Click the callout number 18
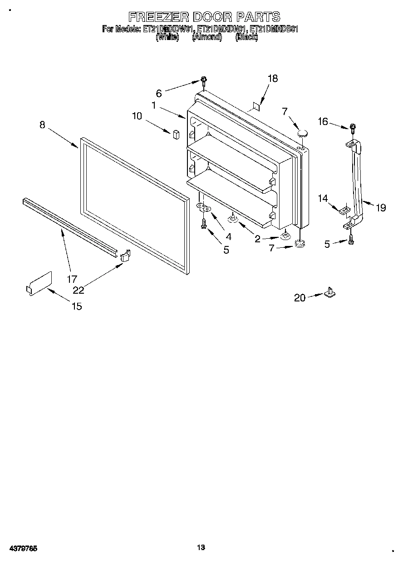pos(272,78)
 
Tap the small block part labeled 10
pos(176,134)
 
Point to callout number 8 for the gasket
pos(42,125)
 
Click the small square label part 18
pos(256,106)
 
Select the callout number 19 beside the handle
pos(380,208)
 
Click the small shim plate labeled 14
pos(344,210)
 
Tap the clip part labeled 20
pos(330,292)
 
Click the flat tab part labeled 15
pos(39,283)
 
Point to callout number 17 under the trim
pos(72,279)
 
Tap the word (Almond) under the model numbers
pos(206,38)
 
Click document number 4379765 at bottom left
pos(23,549)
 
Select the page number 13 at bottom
pos(201,547)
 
